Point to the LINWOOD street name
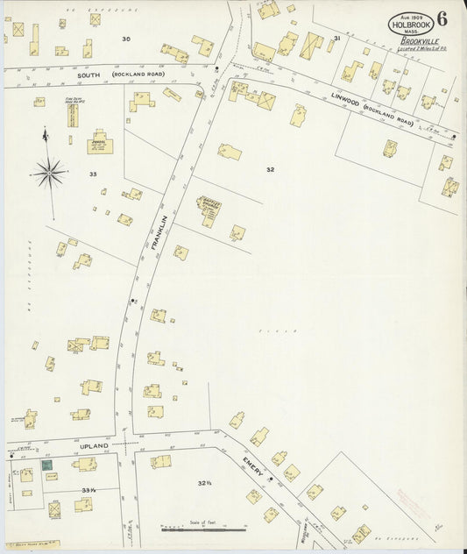(346, 102)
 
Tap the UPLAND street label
(95, 446)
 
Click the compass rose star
(52, 172)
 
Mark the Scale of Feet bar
(203, 530)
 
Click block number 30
(126, 39)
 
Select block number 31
(336, 39)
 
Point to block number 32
(270, 169)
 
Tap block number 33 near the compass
(92, 174)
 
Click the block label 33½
(88, 490)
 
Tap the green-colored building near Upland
(47, 465)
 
